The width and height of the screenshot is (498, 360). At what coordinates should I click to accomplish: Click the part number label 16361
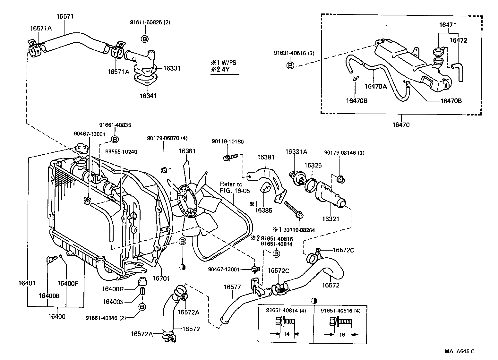pyautogui.click(x=187, y=151)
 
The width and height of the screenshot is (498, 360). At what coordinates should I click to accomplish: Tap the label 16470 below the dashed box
pyautogui.click(x=401, y=125)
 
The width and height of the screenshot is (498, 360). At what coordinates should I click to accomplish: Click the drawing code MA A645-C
pyautogui.click(x=459, y=351)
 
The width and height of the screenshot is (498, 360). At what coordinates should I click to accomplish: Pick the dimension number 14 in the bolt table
pyautogui.click(x=287, y=334)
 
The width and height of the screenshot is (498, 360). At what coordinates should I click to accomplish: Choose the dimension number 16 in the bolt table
pyautogui.click(x=342, y=335)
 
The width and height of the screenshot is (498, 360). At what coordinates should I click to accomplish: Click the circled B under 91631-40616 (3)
pyautogui.click(x=290, y=66)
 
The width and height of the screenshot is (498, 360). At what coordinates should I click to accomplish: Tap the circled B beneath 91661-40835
pyautogui.click(x=115, y=139)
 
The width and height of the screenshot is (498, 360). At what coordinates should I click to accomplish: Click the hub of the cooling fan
pyautogui.click(x=186, y=200)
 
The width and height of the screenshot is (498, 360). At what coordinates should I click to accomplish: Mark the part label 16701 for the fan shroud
pyautogui.click(x=161, y=279)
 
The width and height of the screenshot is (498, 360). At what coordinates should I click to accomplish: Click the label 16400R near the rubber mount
pyautogui.click(x=113, y=289)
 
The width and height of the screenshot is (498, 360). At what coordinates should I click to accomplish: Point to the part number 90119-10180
pyautogui.click(x=228, y=141)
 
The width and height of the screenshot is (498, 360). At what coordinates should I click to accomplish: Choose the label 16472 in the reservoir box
pyautogui.click(x=458, y=40)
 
